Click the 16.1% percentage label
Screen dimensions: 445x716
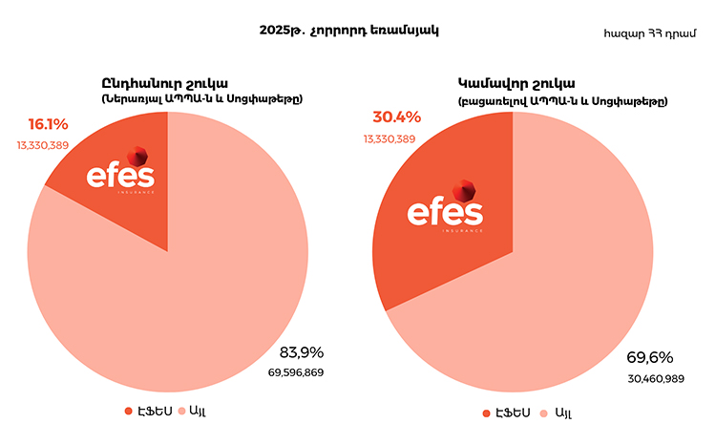pos(48,124)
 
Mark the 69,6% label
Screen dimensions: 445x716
pos(649,358)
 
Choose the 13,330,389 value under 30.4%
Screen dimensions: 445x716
pos(389,138)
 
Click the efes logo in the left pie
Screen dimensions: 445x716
pos(121,175)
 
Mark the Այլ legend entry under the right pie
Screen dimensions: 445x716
pos(558,413)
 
